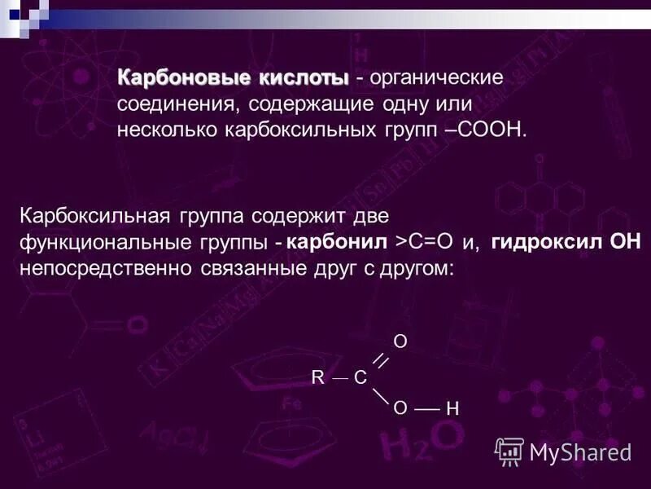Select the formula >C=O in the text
(423, 243)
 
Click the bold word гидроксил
(547, 243)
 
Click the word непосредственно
(107, 269)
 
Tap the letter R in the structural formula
(317, 377)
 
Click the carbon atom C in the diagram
(359, 377)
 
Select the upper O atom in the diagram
(400, 341)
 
